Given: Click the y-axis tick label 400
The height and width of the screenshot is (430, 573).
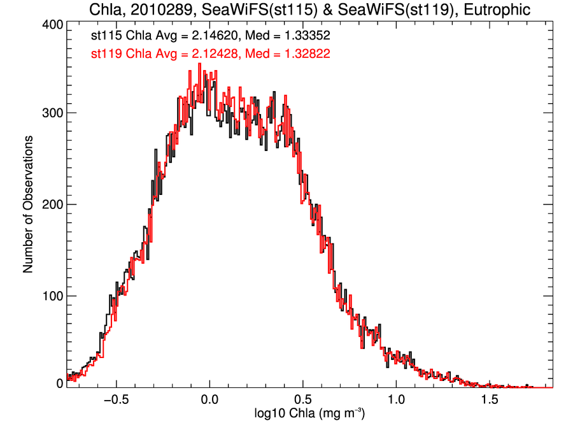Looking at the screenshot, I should coord(51,25).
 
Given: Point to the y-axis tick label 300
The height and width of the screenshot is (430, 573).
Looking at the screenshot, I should coord(51,113).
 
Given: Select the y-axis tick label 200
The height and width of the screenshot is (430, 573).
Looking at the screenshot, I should coord(51,204).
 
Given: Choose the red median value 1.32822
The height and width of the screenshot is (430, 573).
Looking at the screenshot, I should coord(302,54).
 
